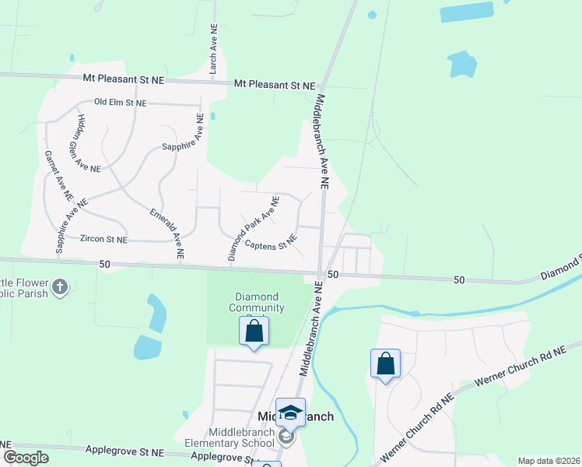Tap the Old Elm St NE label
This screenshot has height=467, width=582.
tap(121, 102)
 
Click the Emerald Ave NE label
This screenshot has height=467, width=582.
tap(167, 231)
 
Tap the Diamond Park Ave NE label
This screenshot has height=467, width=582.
tap(253, 227)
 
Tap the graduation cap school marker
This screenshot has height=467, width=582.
tap(290, 413)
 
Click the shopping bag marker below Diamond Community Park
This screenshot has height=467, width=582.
tap(254, 331)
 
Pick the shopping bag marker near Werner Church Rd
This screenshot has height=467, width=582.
tap(385, 363)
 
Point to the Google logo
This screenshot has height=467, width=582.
tap(26, 458)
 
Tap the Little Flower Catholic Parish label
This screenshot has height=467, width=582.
tap(23, 288)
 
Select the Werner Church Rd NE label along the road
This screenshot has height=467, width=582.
tap(517, 368)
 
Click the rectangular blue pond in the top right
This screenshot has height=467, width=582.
tap(466, 12)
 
